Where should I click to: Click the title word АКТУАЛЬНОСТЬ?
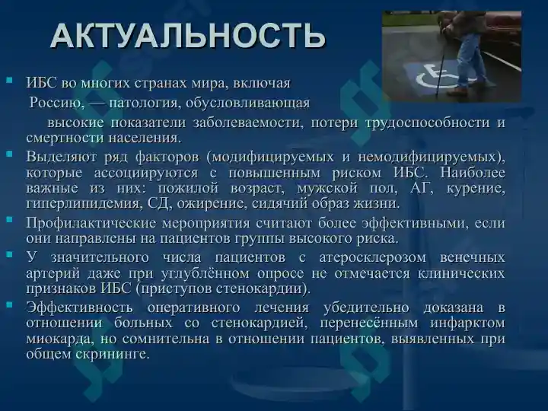coord(188,36)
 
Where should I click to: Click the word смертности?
coord(65,138)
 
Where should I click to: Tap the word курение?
coord(476,188)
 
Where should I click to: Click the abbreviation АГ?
coord(419,188)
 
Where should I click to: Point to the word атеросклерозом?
coord(372,257)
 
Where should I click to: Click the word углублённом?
coord(205,273)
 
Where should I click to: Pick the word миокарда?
coord(60,339)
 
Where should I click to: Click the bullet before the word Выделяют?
coord(9,154)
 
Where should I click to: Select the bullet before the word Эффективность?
coord(9,304)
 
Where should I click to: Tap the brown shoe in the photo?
coord(457,91)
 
